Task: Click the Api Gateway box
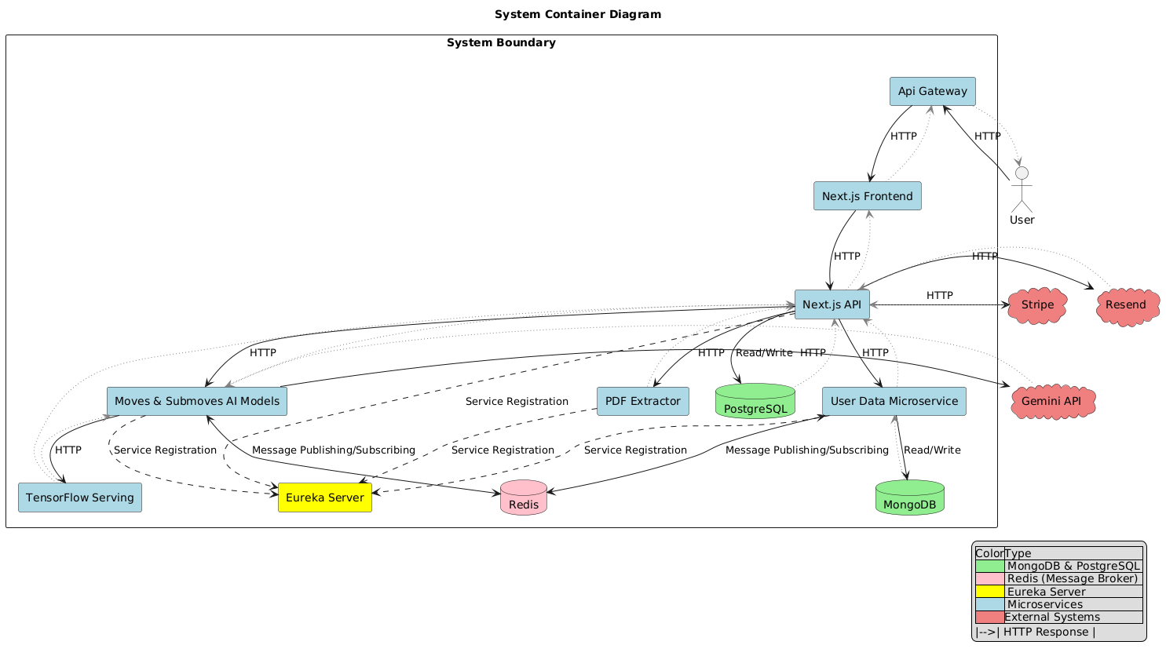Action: (x=932, y=91)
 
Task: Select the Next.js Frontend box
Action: (x=867, y=196)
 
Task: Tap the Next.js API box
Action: (x=832, y=304)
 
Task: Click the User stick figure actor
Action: (x=1021, y=188)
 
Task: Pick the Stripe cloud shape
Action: (x=1037, y=305)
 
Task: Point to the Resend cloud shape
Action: (x=1126, y=305)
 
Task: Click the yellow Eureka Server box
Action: (x=324, y=497)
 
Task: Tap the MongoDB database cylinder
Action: (x=909, y=497)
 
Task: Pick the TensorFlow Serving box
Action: (x=79, y=497)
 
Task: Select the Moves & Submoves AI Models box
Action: (x=196, y=401)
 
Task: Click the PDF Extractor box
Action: (x=642, y=401)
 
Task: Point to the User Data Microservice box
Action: (x=894, y=401)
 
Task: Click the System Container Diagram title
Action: (x=578, y=14)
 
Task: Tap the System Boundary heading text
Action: (x=501, y=42)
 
